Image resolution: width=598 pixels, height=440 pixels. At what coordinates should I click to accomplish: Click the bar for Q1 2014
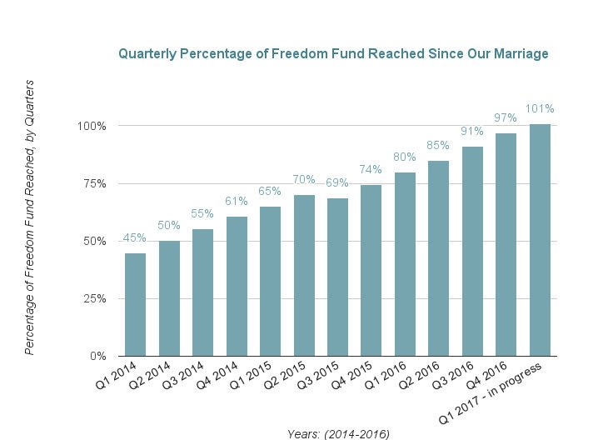135,304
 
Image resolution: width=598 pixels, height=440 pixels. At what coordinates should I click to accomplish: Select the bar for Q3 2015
337,277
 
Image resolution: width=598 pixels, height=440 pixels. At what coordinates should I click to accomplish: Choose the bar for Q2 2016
439,258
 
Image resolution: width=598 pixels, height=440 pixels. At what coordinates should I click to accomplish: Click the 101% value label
540,108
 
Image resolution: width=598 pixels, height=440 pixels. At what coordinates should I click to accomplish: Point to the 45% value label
135,237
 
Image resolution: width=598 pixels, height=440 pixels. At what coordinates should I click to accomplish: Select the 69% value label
337,182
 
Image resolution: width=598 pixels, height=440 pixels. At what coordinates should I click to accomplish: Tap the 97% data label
506,117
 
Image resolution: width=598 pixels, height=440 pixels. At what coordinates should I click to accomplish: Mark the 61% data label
237,201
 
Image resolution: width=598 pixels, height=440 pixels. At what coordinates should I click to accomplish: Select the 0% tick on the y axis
97,356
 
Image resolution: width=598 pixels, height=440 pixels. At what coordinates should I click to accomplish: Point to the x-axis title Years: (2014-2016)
338,433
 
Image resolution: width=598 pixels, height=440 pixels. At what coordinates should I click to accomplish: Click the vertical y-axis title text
29,217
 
